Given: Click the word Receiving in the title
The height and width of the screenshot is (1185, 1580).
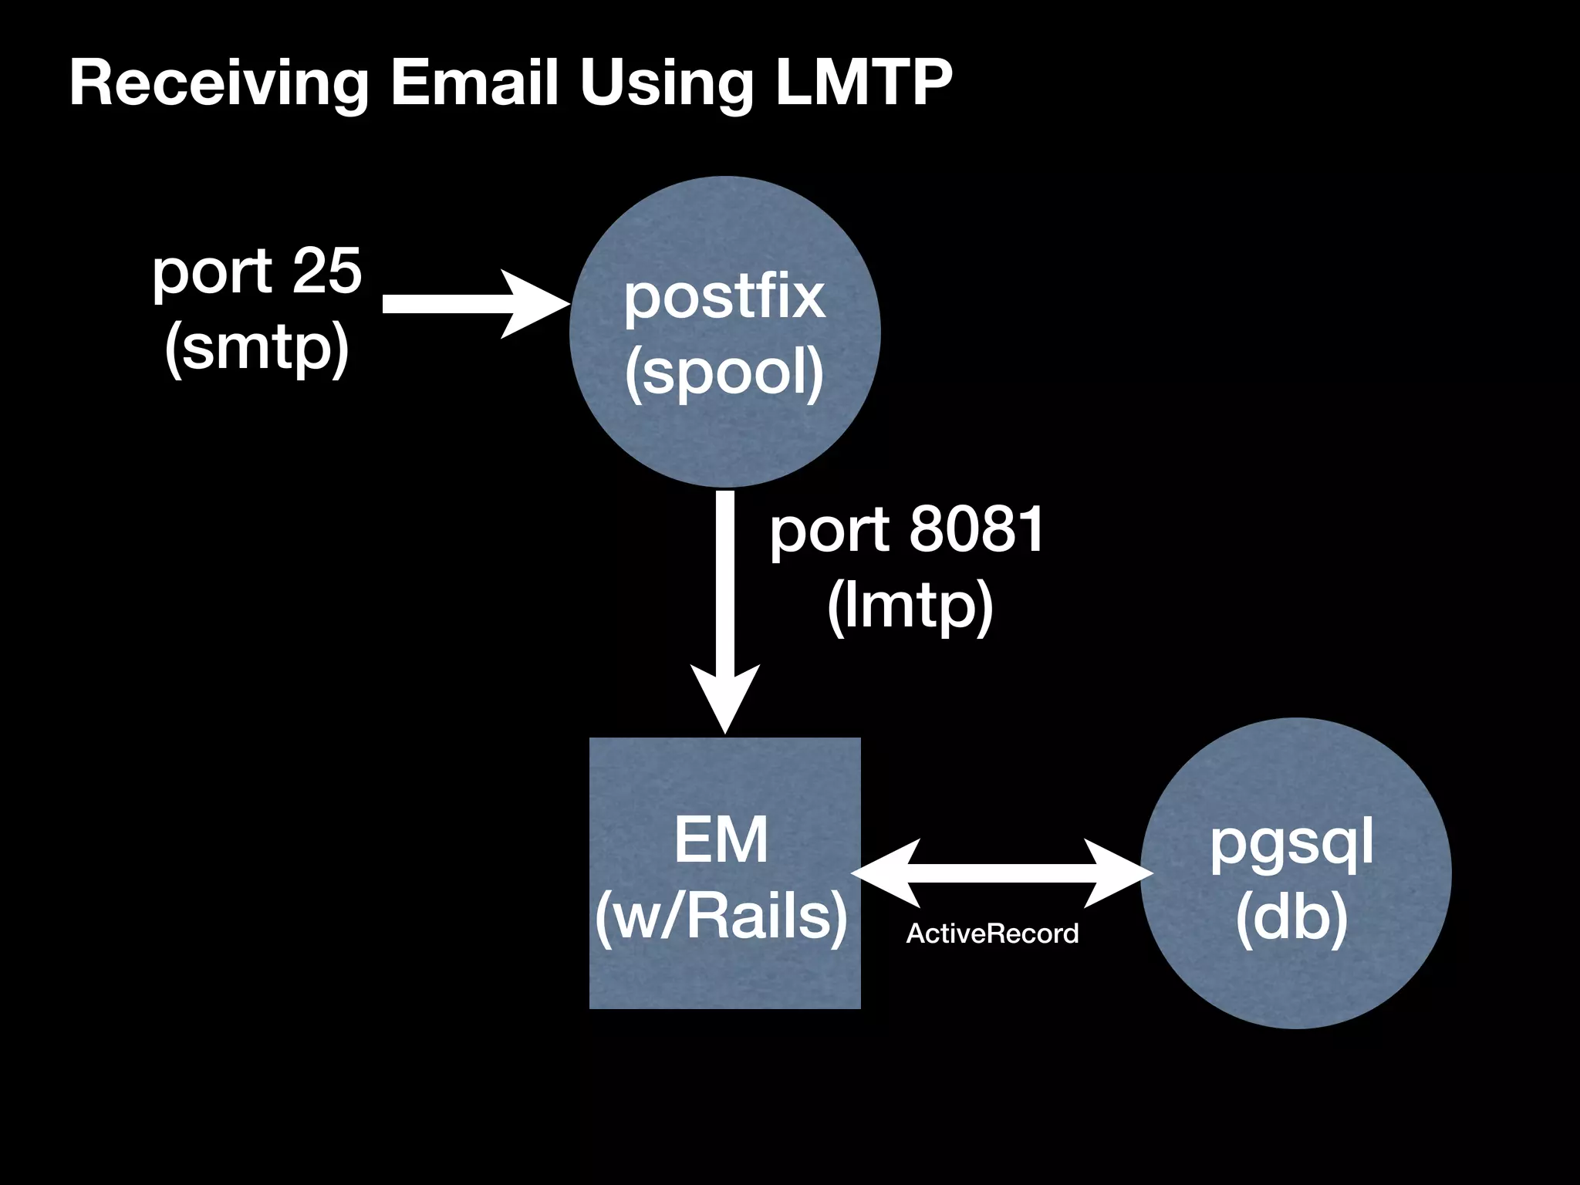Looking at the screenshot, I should (219, 83).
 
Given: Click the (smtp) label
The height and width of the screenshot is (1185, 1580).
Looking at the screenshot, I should (257, 347).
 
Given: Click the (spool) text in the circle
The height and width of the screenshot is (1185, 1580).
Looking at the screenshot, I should (724, 373).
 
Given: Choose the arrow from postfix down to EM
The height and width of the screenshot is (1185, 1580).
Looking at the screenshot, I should (725, 602).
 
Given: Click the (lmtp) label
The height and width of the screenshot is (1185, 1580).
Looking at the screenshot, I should (910, 606).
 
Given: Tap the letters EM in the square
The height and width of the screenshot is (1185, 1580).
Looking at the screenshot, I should (721, 840).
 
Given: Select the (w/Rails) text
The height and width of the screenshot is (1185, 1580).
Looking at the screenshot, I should (721, 917).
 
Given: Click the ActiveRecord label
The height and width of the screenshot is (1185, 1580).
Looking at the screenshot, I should (992, 933).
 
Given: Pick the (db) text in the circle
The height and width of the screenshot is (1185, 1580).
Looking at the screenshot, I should (1291, 918).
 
